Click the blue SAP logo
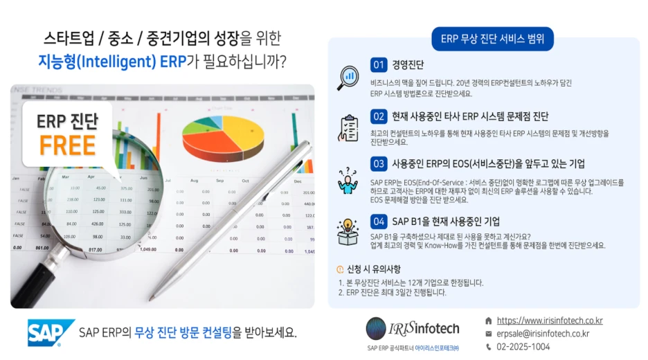click(51, 332)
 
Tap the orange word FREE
click(67, 145)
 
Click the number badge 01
click(379, 66)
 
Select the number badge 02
click(379, 116)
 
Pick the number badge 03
click(379, 164)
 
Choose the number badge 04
click(379, 222)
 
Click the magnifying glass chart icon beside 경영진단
click(348, 78)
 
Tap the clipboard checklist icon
click(348, 127)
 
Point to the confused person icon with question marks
click(348, 181)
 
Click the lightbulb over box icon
click(348, 232)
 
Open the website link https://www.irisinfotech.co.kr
click(550, 321)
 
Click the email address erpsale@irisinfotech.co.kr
click(543, 333)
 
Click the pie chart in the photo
click(222, 134)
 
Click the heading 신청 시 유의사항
click(373, 269)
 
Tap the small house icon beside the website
click(489, 321)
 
